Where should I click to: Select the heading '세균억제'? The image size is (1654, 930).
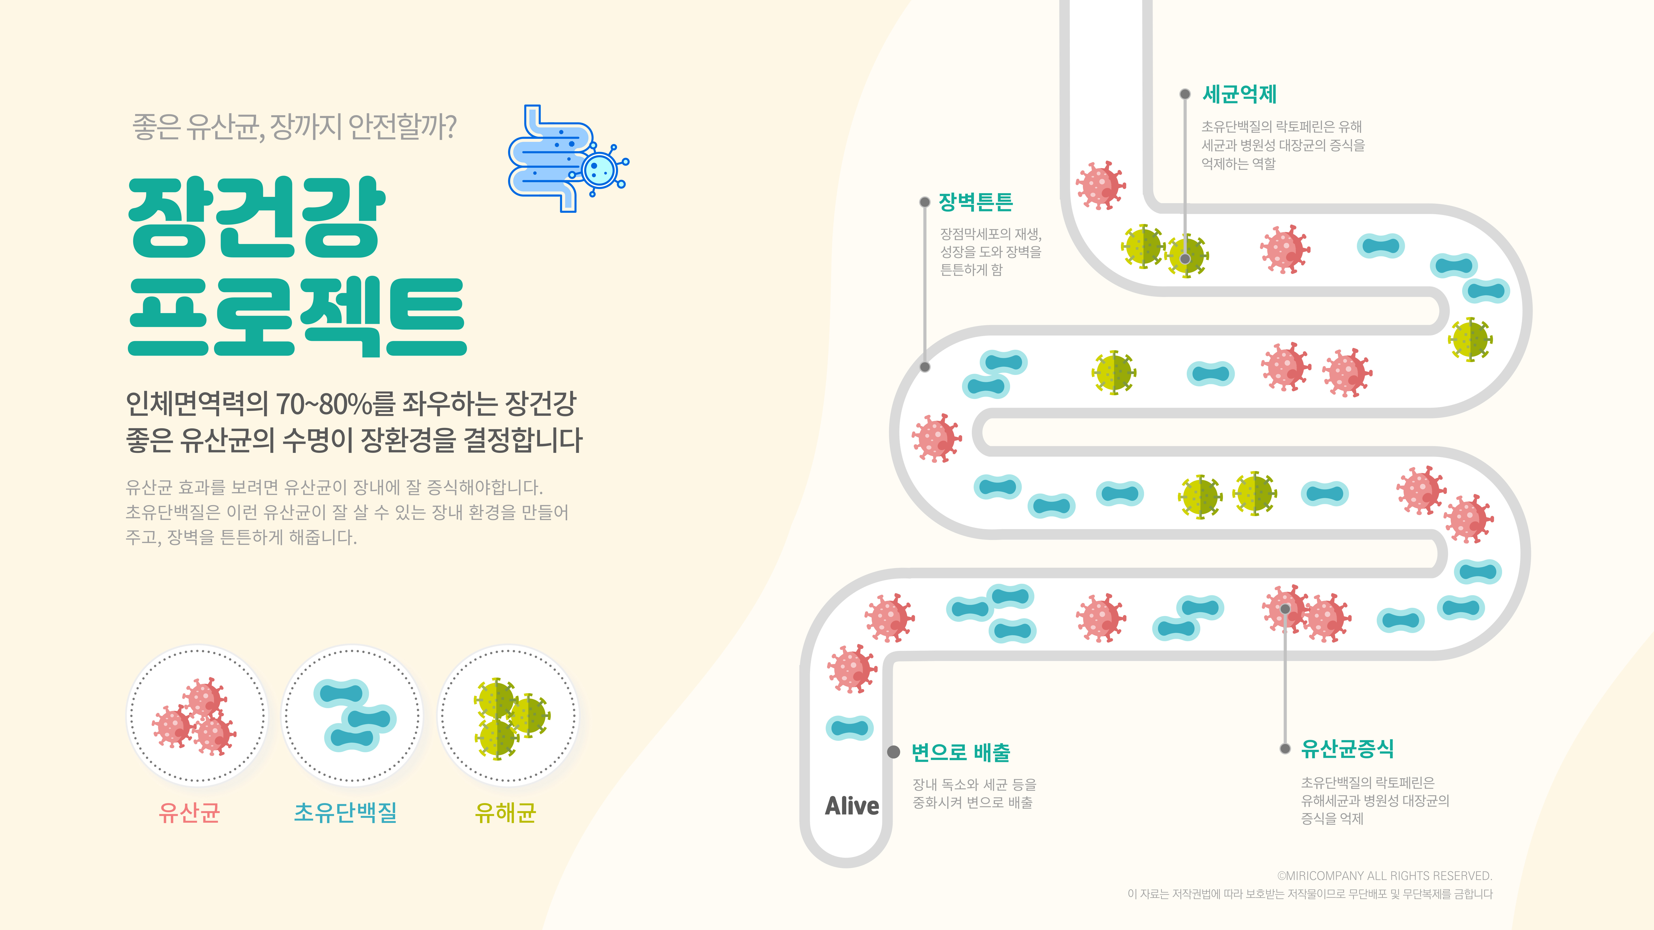click(1239, 94)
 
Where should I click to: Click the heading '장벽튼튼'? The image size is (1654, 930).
click(975, 202)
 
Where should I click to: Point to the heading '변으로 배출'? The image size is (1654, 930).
click(961, 752)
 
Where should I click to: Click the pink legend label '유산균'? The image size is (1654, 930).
click(190, 813)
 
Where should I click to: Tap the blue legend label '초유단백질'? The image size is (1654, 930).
click(345, 813)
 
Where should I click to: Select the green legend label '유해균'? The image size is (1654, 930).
click(505, 813)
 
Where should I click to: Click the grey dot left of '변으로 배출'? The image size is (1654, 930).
click(893, 752)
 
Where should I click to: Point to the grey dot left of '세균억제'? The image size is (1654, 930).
click(1185, 94)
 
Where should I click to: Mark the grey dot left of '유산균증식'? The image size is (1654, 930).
click(1285, 748)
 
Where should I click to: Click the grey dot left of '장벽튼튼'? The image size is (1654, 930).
click(925, 202)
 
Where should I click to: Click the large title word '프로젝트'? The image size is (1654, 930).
click(297, 318)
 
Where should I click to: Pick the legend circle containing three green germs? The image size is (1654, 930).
click(508, 716)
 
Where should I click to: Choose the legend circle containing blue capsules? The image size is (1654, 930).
click(352, 716)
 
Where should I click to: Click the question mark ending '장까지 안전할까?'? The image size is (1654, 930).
click(449, 126)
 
